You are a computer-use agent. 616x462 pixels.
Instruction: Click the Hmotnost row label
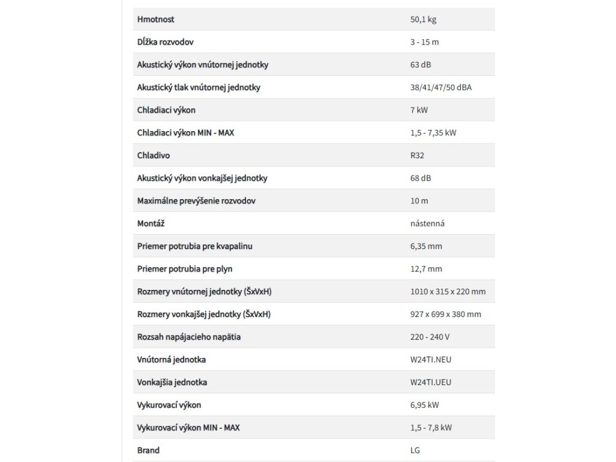(x=156, y=19)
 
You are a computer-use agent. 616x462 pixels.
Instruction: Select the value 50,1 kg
(x=423, y=19)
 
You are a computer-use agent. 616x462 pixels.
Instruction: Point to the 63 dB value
(x=420, y=65)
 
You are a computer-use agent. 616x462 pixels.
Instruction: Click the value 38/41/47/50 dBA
(x=441, y=87)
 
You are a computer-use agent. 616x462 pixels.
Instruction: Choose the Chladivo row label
(x=153, y=155)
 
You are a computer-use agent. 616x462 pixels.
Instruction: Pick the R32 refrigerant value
(x=417, y=155)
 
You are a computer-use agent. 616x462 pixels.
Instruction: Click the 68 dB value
(x=420, y=178)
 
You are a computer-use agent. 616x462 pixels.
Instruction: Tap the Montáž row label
(x=151, y=223)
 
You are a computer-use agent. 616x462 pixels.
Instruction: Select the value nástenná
(x=428, y=223)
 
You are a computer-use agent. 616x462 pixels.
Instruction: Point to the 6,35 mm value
(x=426, y=246)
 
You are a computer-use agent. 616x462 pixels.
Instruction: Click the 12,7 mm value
(x=426, y=269)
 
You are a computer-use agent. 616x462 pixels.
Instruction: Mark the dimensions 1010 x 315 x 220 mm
(x=448, y=292)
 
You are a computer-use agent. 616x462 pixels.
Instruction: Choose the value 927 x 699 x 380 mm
(x=446, y=314)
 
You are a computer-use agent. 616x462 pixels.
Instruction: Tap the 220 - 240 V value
(x=430, y=337)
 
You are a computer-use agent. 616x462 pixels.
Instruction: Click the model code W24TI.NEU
(x=431, y=360)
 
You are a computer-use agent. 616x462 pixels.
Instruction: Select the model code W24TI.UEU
(x=431, y=383)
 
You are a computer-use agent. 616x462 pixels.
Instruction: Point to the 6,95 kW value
(x=425, y=405)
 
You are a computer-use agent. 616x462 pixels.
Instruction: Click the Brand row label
(x=149, y=450)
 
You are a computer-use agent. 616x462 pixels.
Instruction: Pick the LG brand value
(x=415, y=450)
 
